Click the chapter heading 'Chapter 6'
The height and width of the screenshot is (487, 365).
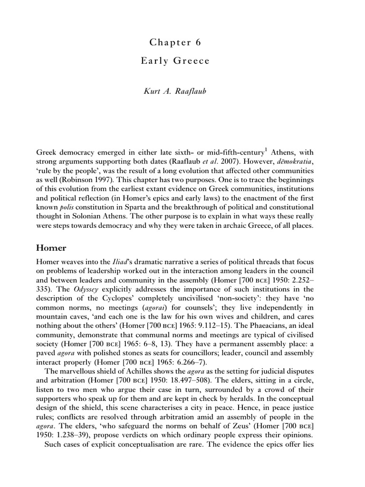click(x=176, y=42)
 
